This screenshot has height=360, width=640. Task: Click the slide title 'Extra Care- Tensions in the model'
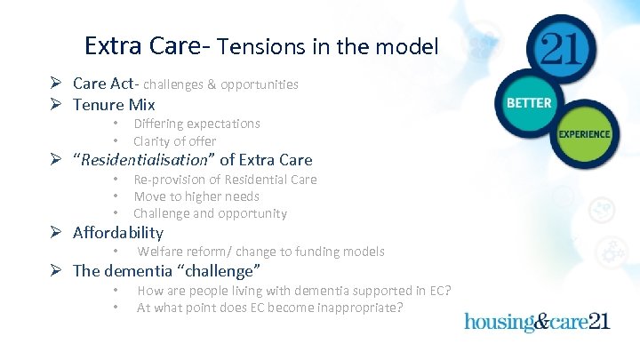coord(261,45)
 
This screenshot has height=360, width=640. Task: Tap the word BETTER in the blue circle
coord(529,103)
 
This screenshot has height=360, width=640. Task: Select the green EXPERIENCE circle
coord(584,134)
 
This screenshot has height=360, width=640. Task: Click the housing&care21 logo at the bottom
coord(537,321)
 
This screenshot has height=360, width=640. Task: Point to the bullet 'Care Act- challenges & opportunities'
coord(185,84)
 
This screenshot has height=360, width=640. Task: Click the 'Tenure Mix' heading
coord(114,105)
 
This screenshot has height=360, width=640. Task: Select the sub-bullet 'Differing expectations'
coord(196,124)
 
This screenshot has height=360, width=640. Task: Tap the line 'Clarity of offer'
coord(174,141)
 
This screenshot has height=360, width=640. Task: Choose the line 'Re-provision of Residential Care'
coord(225,180)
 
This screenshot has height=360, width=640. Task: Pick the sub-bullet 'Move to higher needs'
coord(196,196)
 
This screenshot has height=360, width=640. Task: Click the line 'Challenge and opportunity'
coord(210,213)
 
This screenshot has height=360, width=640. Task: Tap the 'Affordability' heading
coord(118,233)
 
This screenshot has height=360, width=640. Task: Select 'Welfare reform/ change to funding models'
coord(260,252)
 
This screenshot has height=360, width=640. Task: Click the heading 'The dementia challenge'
coord(166,271)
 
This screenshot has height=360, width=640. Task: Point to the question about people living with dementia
coord(293,291)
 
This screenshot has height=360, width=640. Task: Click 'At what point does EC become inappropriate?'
coord(269,308)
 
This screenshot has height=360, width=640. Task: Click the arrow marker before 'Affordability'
coord(55,234)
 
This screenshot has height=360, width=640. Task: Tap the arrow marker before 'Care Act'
coord(55,84)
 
